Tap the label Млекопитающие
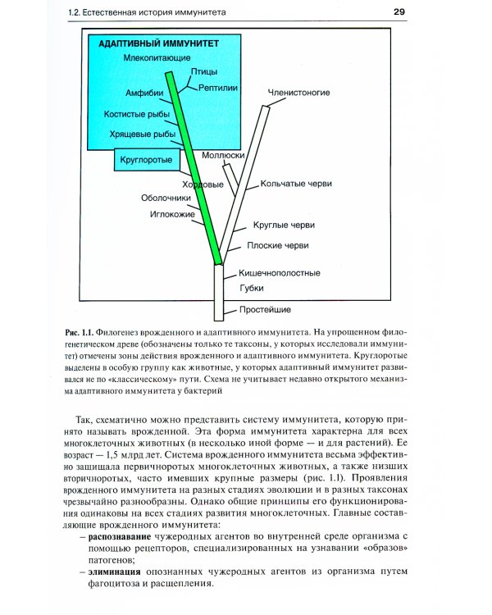pos(157,58)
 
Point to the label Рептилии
pos(218,86)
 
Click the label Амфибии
pos(145,93)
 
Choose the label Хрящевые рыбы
pos(142,134)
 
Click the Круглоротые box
pos(146,159)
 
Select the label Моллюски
pos(220,154)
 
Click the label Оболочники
pos(166,198)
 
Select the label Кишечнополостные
pos(280,272)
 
